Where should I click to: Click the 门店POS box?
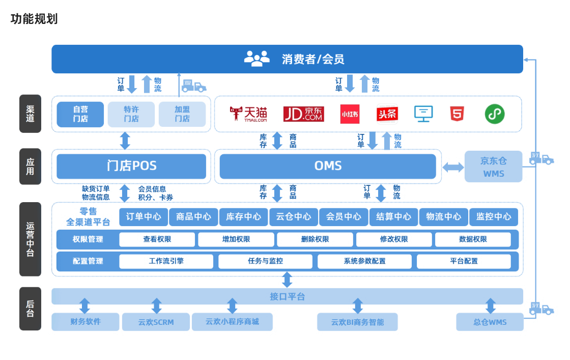(x=131, y=166)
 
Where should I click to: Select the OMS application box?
(x=328, y=166)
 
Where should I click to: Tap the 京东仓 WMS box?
(x=493, y=167)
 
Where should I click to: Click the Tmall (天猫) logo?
(x=248, y=114)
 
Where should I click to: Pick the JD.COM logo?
(x=303, y=114)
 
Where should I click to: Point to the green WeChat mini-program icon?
(x=494, y=114)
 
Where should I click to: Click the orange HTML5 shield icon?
(x=457, y=114)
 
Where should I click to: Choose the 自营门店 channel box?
(x=80, y=114)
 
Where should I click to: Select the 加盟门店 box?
(x=182, y=114)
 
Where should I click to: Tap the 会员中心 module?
(x=344, y=216)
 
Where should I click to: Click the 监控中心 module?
(x=494, y=216)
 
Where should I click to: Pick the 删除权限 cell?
(x=315, y=239)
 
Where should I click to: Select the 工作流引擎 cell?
(x=166, y=261)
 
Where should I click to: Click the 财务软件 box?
(x=85, y=322)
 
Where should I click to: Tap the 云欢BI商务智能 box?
(x=357, y=322)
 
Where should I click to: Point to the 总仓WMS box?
(x=490, y=322)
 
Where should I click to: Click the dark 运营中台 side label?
(x=30, y=239)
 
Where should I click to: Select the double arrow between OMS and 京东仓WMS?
(x=452, y=167)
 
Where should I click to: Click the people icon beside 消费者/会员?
(x=257, y=59)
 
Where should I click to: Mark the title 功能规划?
(x=34, y=19)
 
